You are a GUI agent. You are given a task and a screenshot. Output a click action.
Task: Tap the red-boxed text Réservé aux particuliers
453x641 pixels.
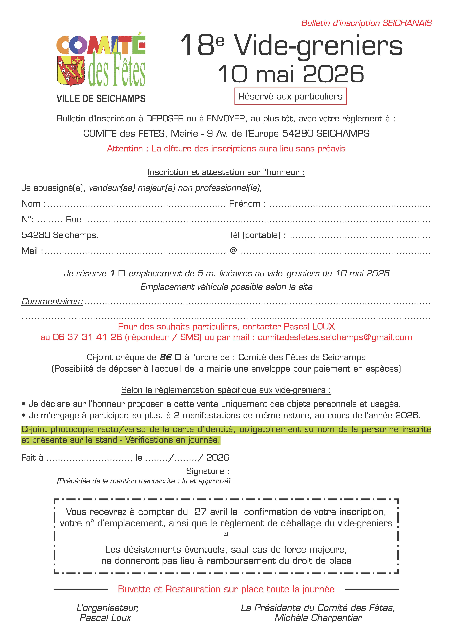pyautogui.click(x=290, y=96)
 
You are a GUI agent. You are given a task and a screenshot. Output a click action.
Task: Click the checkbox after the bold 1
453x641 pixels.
pyautogui.click(x=121, y=273)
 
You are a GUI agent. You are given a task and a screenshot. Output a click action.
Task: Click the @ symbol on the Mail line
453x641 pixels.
pyautogui.click(x=233, y=250)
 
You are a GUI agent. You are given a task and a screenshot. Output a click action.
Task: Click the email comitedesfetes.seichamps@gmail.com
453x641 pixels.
pyautogui.click(x=335, y=337)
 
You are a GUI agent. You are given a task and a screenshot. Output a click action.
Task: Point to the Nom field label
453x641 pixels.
pyautogui.click(x=31, y=204)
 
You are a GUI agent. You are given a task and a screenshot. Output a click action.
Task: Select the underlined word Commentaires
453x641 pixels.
pyautogui.click(x=51, y=301)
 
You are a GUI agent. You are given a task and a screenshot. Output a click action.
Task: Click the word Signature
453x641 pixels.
pyautogui.click(x=205, y=471)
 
